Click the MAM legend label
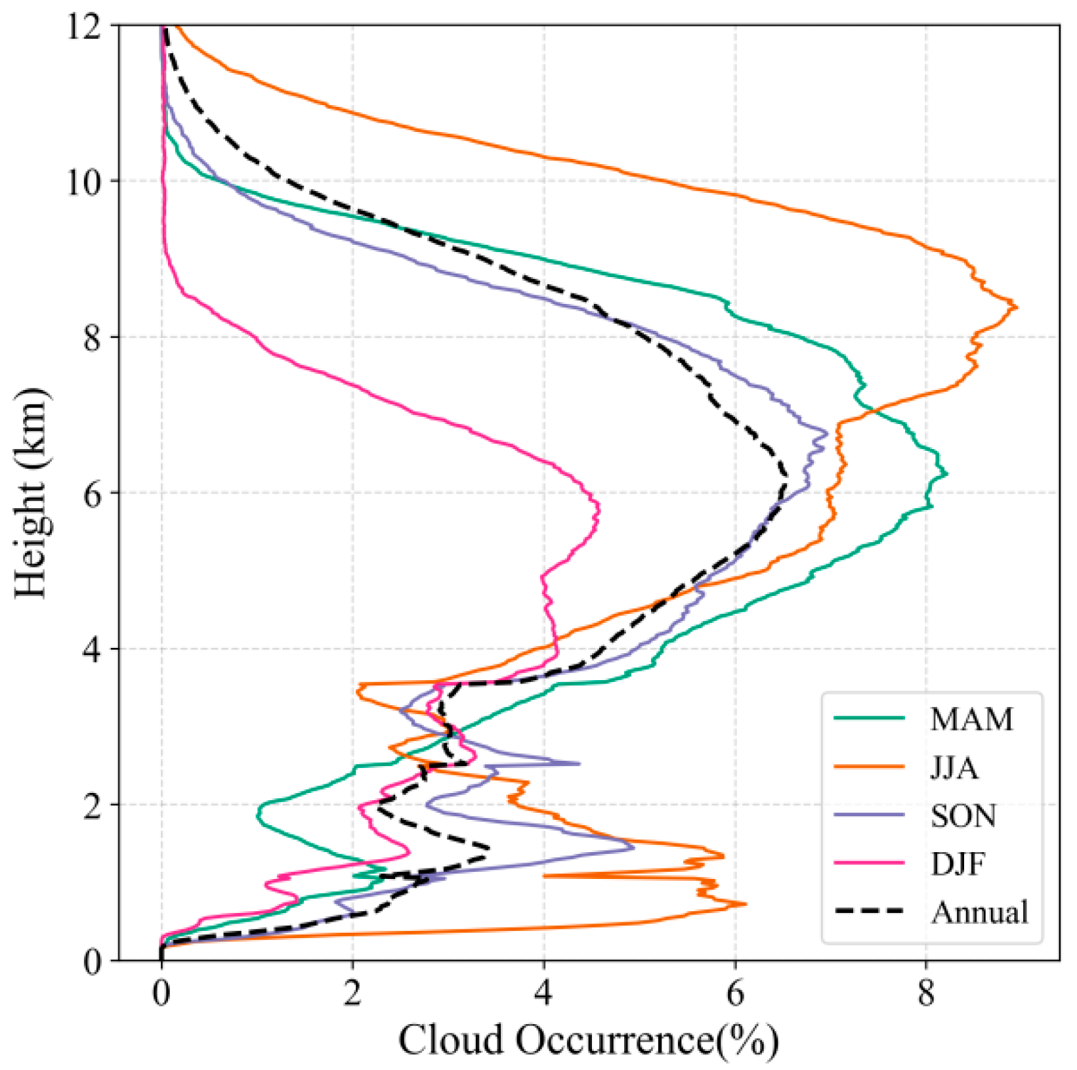point(971,719)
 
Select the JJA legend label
point(954,767)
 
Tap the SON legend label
point(963,816)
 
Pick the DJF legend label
point(958,864)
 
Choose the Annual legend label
point(980,912)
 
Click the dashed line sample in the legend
point(870,912)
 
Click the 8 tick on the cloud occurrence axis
point(926,994)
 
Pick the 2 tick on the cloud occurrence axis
point(352,994)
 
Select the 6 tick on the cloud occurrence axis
point(735,994)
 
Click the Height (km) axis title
point(32,492)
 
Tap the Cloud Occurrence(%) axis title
point(589,1041)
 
